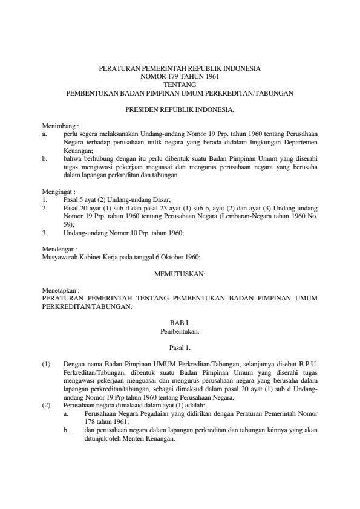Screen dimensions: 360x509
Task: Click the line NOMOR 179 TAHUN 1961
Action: [180, 77]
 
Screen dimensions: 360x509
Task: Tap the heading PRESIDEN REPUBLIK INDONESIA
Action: [180, 110]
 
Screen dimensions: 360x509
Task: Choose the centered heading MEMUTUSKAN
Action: [180, 273]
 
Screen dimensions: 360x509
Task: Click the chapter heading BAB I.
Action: [180, 323]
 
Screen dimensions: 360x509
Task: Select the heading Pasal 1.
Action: [180, 348]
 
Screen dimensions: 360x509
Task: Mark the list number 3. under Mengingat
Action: [45, 232]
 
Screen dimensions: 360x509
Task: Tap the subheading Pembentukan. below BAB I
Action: [180, 331]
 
